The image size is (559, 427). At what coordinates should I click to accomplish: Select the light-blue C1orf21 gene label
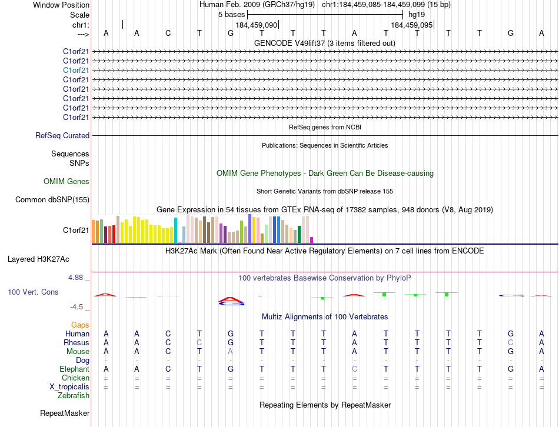76,70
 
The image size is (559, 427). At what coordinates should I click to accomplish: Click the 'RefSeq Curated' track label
62,136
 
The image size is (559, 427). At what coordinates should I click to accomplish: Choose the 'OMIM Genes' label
66,182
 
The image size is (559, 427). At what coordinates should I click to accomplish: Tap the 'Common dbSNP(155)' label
52,200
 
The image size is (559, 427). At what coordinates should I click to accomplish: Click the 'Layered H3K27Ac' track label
38,259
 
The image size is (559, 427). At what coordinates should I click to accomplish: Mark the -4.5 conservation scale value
77,306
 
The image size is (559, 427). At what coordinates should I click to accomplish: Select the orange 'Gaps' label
80,325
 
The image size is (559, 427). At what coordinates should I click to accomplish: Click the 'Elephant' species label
74,369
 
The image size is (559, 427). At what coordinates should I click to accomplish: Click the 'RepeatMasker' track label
64,413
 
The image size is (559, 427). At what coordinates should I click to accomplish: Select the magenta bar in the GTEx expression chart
311,239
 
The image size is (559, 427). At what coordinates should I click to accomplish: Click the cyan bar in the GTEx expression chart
175,230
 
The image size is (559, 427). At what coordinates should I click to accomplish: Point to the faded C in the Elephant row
354,369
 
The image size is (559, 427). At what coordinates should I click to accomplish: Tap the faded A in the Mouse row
231,351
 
